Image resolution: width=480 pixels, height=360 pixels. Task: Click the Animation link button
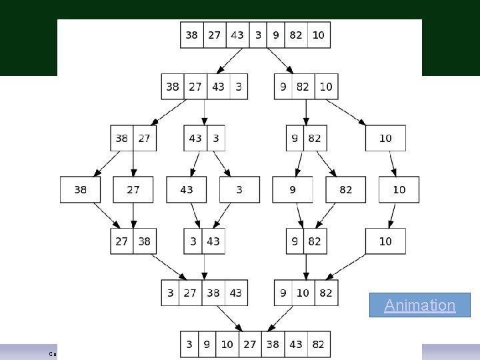point(420,305)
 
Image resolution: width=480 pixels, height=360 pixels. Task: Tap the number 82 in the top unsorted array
point(296,35)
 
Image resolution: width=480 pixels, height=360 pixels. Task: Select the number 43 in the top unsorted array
point(237,35)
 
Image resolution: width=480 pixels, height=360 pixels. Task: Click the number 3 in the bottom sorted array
point(189,344)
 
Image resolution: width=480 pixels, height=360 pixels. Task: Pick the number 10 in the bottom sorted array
point(227,344)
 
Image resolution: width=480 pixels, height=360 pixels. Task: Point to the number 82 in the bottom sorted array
point(318,344)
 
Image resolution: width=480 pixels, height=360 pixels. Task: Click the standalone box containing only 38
point(80,189)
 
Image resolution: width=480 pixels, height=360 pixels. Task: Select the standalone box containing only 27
point(133,189)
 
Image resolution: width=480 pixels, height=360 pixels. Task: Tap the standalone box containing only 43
point(187,189)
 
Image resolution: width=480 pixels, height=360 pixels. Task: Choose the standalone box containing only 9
point(292,189)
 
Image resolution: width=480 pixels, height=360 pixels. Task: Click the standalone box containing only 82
point(345,189)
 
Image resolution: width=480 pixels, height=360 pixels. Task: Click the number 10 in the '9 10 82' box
point(303,293)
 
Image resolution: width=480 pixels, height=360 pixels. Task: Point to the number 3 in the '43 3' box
point(215,138)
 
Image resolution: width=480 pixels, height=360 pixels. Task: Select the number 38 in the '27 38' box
point(144,241)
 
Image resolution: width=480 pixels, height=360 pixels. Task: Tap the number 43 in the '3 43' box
point(213,241)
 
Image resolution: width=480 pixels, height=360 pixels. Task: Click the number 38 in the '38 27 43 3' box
point(173,87)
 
